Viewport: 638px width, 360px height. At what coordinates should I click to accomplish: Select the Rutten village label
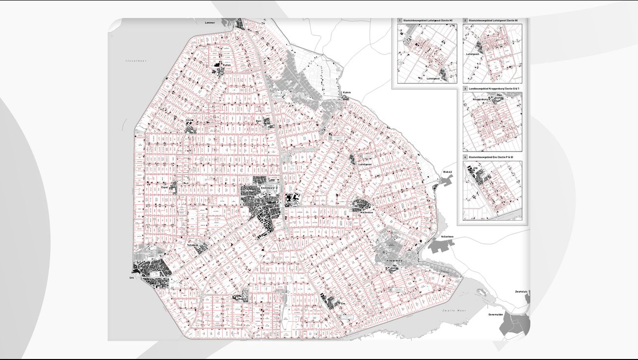pyautogui.click(x=227, y=64)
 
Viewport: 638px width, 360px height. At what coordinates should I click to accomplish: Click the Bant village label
pyautogui.click(x=259, y=120)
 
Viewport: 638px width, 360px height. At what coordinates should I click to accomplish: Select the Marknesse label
pyautogui.click(x=367, y=213)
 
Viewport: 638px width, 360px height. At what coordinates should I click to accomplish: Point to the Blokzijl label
pyautogui.click(x=447, y=172)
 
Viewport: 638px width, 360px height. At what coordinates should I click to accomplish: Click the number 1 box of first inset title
pyautogui.click(x=399, y=21)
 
